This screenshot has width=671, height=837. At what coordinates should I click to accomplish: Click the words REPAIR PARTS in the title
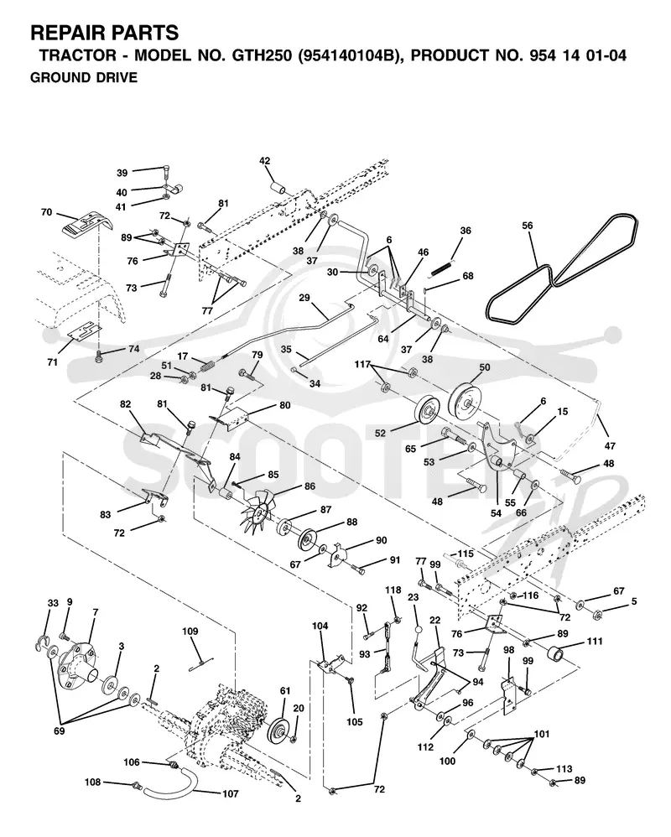[x=105, y=33]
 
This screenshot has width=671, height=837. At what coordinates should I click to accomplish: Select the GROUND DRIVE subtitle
[x=84, y=78]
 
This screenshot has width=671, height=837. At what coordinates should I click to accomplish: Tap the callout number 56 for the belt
[x=528, y=226]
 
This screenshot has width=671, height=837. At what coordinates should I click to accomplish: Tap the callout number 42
[x=265, y=161]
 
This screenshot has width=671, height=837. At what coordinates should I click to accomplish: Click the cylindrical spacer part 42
[x=278, y=189]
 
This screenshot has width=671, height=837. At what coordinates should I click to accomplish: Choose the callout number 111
[x=594, y=641]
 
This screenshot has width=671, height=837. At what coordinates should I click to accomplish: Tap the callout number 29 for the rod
[x=304, y=298]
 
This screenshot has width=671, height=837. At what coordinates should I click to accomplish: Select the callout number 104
[x=320, y=626]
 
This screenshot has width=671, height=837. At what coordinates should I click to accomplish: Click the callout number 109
[x=190, y=631]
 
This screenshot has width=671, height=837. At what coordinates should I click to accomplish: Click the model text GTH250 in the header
[x=261, y=55]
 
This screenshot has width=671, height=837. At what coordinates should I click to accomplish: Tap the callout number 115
[x=466, y=554]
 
